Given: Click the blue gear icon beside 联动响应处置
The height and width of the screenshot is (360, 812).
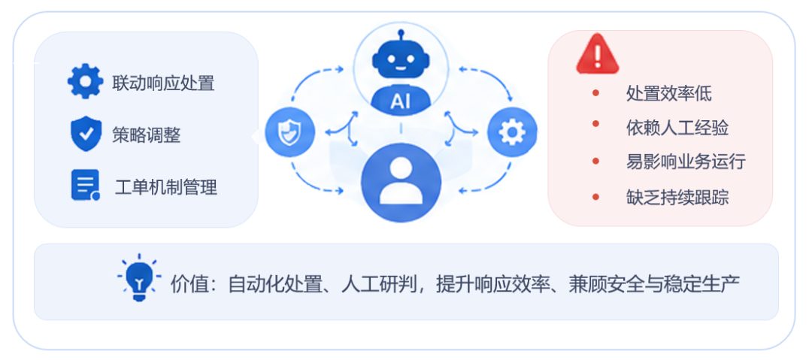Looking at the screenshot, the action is coord(86,81).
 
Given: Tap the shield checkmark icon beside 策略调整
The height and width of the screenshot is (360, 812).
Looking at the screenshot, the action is coord(86,134).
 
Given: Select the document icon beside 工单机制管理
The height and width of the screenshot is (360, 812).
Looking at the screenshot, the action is coord(86,185).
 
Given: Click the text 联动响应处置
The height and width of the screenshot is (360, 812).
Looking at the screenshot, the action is coord(163,83).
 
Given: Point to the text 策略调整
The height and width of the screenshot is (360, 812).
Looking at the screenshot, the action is coord(147,135).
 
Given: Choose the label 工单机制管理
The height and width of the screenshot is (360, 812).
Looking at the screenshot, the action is coord(165,187).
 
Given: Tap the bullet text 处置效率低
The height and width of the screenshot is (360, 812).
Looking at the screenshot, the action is coord(669,94).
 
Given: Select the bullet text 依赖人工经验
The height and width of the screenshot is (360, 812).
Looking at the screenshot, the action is coord(677,128).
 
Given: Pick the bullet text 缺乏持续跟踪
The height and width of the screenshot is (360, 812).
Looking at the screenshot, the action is coord(677,198).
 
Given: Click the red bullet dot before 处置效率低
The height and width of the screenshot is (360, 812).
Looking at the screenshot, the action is coord(595,92).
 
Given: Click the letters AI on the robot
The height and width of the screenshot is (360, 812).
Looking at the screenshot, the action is coord(400,101).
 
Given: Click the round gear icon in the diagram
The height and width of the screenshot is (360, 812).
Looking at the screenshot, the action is coord(512,132).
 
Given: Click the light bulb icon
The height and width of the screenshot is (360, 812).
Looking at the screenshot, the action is coord(139,278).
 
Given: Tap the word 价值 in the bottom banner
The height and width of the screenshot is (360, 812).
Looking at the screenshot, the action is coord(188,284).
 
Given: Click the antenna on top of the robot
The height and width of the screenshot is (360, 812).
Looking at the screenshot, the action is coord(401,35).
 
